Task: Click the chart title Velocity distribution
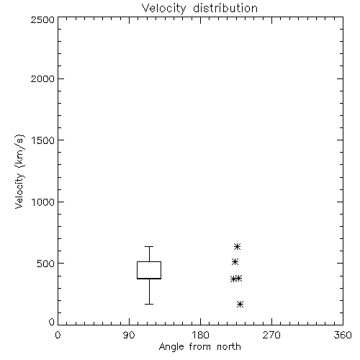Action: coord(199,9)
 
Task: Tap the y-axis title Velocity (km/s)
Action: coord(19,171)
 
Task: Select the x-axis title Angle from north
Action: coord(199,347)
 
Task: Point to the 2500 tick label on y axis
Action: coord(42,19)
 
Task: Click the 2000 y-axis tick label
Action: coord(42,78)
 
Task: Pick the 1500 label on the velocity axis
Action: coord(43,140)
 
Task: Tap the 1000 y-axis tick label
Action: coord(43,202)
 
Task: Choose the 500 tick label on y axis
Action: coord(46,264)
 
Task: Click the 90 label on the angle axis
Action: coord(129,335)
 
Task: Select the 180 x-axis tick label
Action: coord(200,335)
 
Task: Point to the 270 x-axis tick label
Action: coord(271,335)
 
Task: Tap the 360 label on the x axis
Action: coord(343,335)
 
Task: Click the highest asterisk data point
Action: coord(237,246)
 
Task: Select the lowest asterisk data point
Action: coord(240,305)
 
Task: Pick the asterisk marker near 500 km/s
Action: coord(235,261)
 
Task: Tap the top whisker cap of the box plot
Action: coord(149,246)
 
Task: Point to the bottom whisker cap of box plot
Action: coord(149,304)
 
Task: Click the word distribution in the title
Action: coord(225,9)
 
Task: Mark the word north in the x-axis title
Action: coord(229,347)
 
